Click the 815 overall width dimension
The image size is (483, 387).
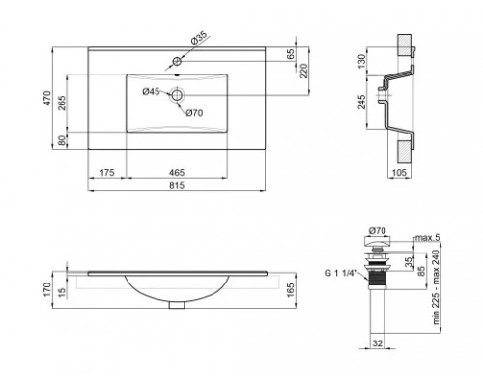(177, 185)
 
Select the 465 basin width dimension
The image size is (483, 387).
(177, 173)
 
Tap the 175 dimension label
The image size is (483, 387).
(107, 173)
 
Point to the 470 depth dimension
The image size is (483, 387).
(47, 98)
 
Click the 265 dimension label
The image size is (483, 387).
(62, 103)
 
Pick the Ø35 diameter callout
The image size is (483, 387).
(198, 38)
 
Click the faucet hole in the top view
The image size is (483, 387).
(177, 61)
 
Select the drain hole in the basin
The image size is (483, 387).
(177, 95)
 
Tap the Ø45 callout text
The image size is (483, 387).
(151, 92)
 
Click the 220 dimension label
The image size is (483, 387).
(304, 71)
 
